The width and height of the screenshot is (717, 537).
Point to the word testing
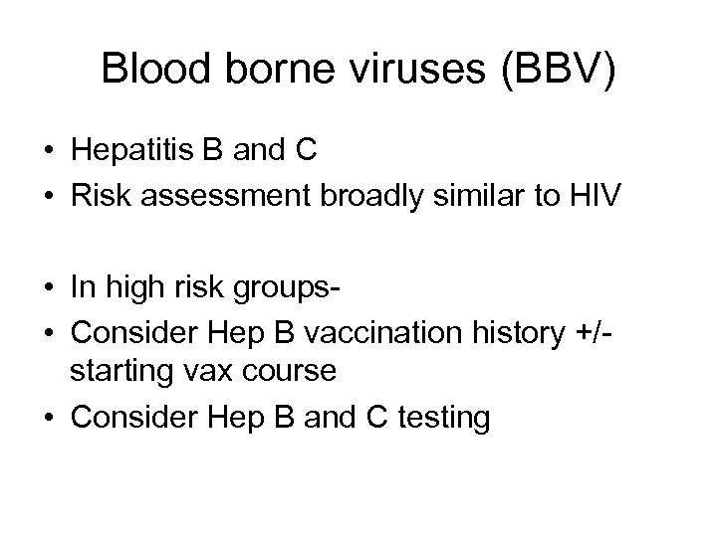441,418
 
